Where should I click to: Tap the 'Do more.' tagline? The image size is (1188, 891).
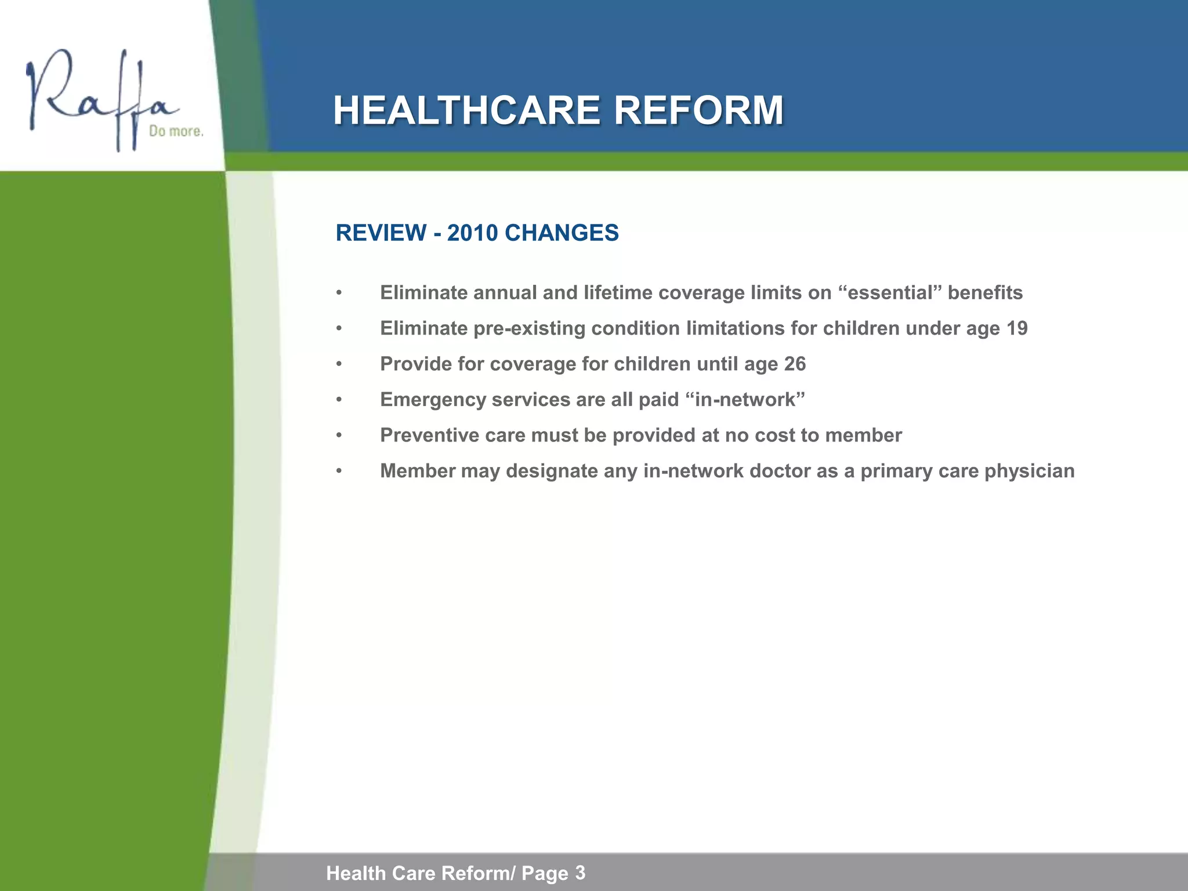176,132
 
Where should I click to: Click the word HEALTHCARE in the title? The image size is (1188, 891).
466,110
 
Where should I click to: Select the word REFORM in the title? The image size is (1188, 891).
698,110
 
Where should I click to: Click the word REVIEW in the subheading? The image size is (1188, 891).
381,233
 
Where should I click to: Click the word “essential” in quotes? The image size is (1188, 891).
890,293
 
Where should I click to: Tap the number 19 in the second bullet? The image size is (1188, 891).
1017,329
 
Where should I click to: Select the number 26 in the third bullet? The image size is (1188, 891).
795,364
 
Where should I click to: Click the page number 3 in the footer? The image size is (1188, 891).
580,872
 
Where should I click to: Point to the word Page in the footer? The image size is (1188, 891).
545,873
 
